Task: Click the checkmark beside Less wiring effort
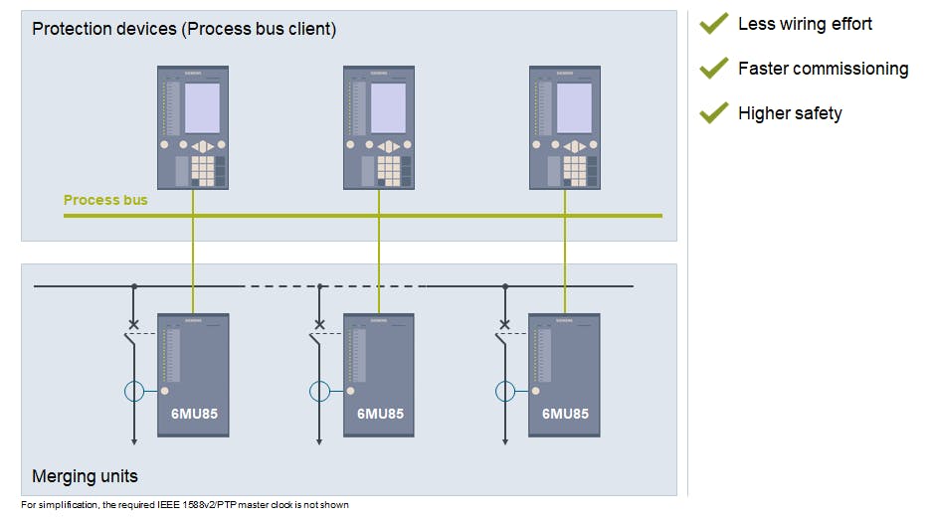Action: point(714,23)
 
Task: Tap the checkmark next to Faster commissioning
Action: point(714,68)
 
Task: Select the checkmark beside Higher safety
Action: point(714,112)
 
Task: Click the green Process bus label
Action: point(105,200)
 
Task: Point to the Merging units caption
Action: point(85,476)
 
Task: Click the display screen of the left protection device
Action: point(203,108)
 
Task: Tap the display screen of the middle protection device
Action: point(389,108)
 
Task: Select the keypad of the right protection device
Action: point(574,170)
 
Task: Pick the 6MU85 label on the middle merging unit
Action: point(380,414)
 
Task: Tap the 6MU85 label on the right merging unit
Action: point(565,414)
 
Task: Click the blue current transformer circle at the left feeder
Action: point(135,391)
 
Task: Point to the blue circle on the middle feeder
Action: point(320,391)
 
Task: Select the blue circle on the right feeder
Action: point(505,391)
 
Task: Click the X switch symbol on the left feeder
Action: point(134,324)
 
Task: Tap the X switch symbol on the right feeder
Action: point(504,324)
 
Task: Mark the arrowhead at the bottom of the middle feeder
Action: point(319,440)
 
